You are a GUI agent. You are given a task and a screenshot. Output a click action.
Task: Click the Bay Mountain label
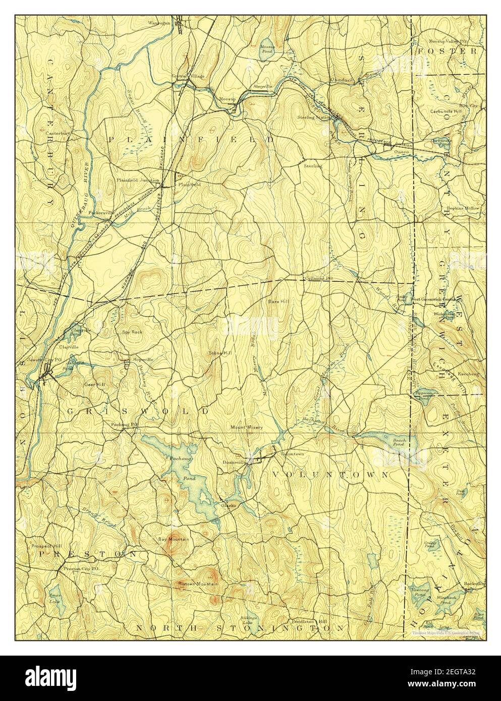click(174, 539)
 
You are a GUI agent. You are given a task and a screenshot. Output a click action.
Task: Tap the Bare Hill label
click(276, 301)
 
